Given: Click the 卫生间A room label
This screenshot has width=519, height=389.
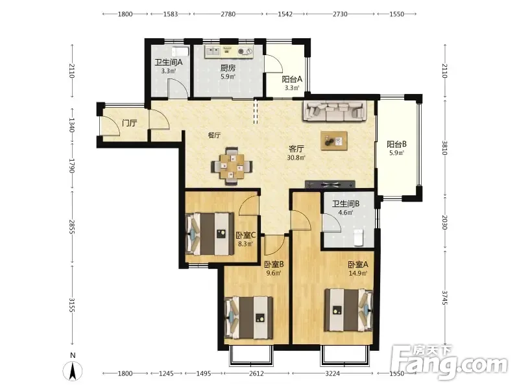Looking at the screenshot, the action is (169, 62).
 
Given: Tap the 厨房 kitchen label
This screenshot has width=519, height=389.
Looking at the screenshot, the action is (228, 68).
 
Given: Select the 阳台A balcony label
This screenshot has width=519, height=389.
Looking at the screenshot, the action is (292, 79).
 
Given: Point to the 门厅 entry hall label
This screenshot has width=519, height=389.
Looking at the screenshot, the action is (129, 123).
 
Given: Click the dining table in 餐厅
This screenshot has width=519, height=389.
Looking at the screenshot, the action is (232, 166).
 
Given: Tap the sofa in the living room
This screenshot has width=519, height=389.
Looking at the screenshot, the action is (335, 111).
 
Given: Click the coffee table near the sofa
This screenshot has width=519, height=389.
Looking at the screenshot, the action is (334, 141).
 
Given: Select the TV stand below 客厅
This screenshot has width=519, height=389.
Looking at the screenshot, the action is (330, 185).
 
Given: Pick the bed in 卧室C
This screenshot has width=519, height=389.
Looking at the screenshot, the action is (210, 234).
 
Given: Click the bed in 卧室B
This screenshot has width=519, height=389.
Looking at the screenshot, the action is (249, 318).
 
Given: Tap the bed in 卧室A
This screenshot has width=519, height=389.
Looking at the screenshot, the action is (348, 310).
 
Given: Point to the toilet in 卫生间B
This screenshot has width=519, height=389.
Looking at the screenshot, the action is (359, 237).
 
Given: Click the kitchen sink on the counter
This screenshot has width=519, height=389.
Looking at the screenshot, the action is (213, 51).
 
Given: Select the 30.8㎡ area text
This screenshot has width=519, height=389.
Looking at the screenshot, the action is (296, 158).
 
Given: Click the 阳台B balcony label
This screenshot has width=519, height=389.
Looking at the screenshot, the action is (396, 145).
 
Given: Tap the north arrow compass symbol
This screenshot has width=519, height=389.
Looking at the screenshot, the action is (73, 370).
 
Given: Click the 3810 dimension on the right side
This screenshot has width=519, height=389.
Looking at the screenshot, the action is (444, 148).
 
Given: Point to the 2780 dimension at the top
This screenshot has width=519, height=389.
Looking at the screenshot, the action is (228, 14).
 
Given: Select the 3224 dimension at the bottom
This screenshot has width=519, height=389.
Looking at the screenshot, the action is (332, 373).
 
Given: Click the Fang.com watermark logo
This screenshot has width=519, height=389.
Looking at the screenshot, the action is (450, 362).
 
